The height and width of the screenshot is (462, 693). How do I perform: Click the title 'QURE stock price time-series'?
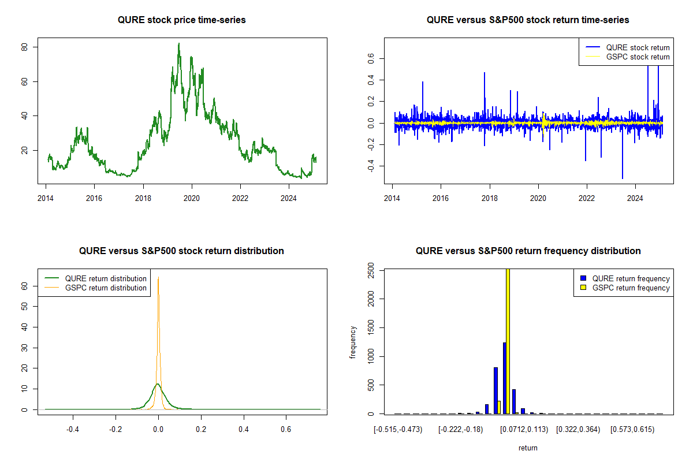181,20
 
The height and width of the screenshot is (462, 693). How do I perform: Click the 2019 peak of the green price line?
179,44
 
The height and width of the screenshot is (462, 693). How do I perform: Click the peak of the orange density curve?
158,278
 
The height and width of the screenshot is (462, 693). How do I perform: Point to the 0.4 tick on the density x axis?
243,430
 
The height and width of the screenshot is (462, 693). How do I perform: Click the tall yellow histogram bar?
508,341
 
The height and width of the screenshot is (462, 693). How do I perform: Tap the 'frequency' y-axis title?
353,342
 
